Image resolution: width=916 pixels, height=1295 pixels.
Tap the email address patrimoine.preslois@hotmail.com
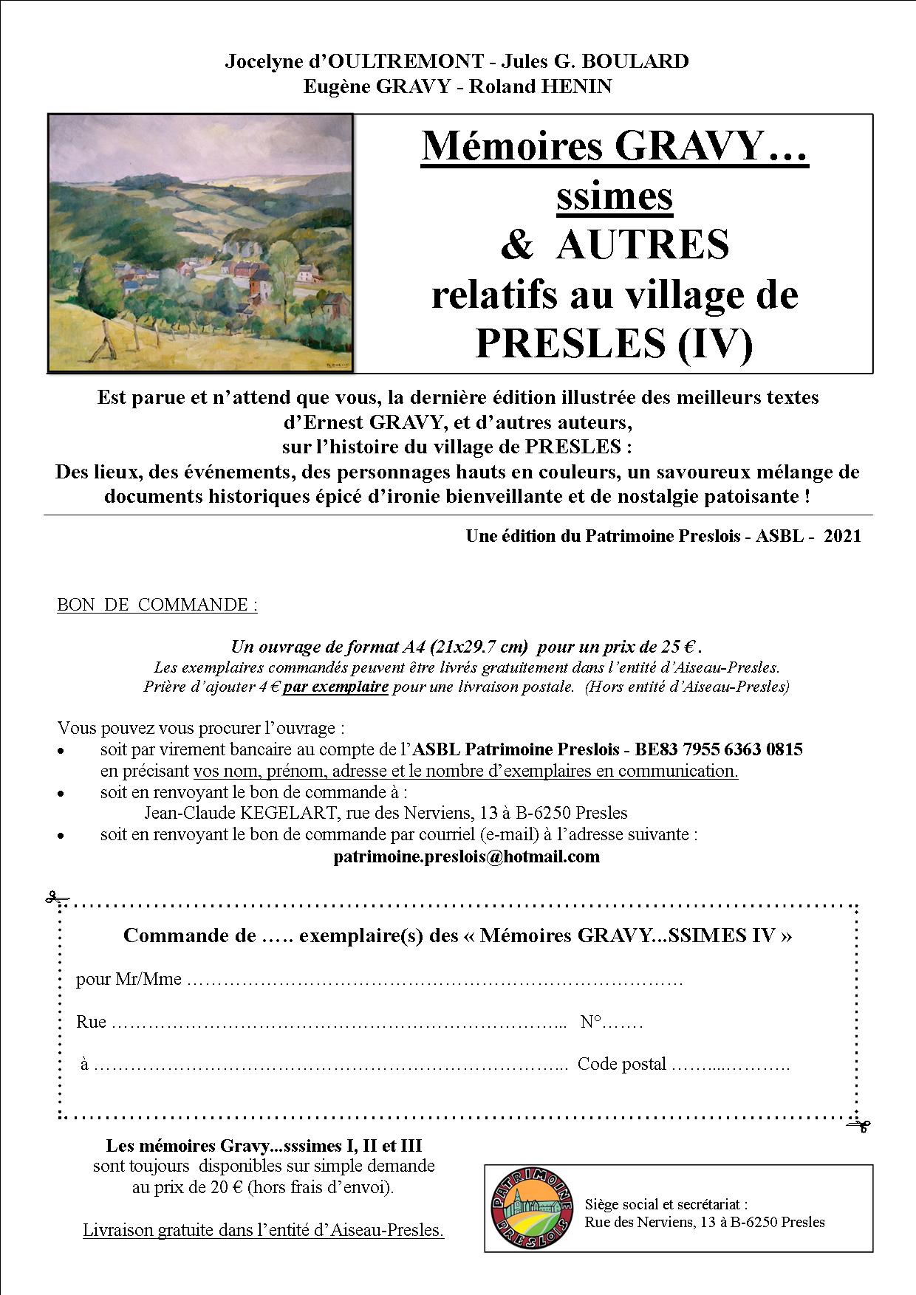[466, 856]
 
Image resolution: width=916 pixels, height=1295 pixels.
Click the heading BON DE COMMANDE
[157, 605]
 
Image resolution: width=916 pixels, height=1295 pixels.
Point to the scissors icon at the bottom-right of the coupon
[859, 1125]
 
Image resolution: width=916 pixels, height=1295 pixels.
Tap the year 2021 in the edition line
[842, 536]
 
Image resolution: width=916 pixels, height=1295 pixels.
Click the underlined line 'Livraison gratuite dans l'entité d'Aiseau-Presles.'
[263, 1231]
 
